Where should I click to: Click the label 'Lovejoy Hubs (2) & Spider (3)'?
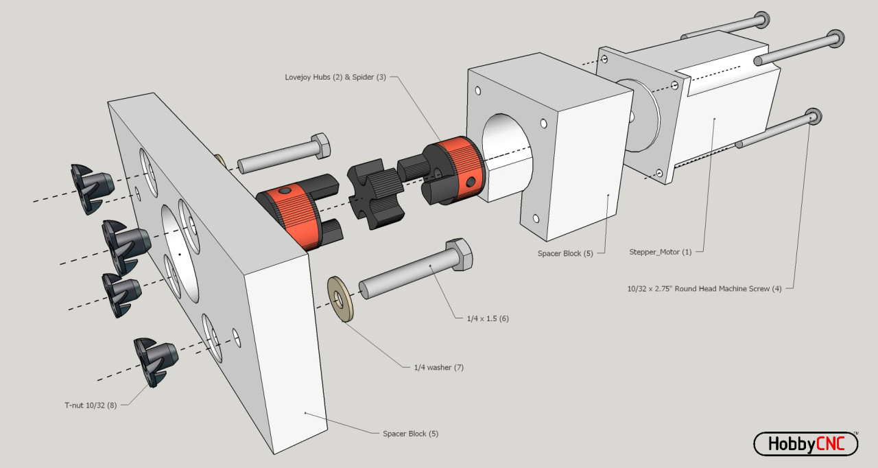335,77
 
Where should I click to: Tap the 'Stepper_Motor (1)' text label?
661,252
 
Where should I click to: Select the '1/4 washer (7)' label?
438,367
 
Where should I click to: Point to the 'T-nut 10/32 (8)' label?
91,405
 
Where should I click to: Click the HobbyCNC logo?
805,444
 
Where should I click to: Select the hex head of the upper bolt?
321,145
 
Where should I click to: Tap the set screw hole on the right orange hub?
469,182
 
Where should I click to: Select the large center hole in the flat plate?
179,253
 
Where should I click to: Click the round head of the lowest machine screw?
814,116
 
